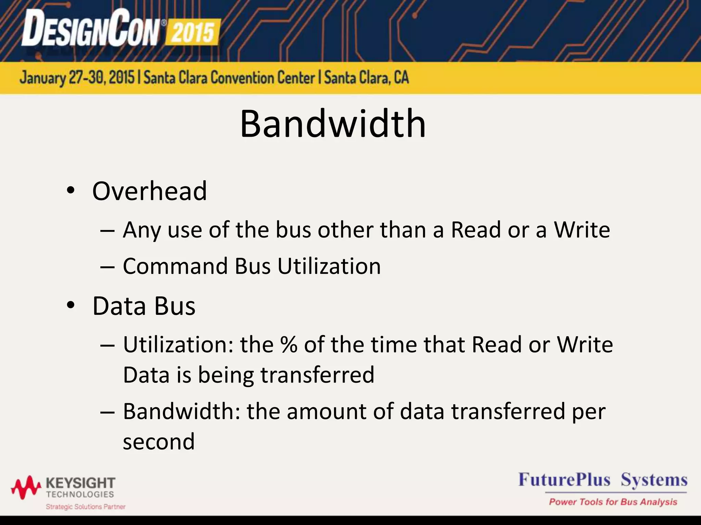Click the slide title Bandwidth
point(333,124)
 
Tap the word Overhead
point(150,191)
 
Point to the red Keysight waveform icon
point(26,487)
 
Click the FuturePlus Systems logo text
point(603,480)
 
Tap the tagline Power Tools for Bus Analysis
point(613,502)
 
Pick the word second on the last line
point(159,442)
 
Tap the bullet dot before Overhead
point(71,190)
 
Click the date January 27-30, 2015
point(77,78)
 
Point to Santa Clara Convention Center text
point(229,78)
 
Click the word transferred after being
point(317,375)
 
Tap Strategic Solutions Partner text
point(86,507)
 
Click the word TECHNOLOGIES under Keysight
point(80,495)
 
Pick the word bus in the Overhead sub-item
point(294,230)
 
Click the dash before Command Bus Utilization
point(107,267)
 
